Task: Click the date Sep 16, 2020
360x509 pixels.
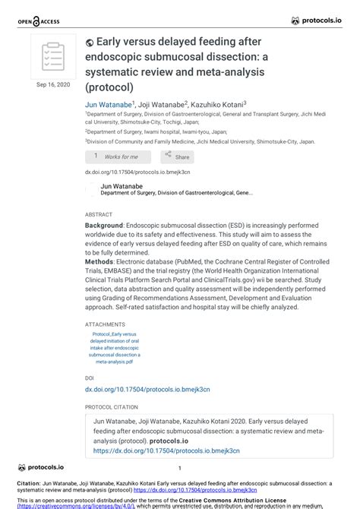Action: point(52,84)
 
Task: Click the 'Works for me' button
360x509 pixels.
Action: point(117,156)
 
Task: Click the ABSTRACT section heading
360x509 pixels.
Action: point(99,215)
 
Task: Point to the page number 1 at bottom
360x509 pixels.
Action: point(179,469)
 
